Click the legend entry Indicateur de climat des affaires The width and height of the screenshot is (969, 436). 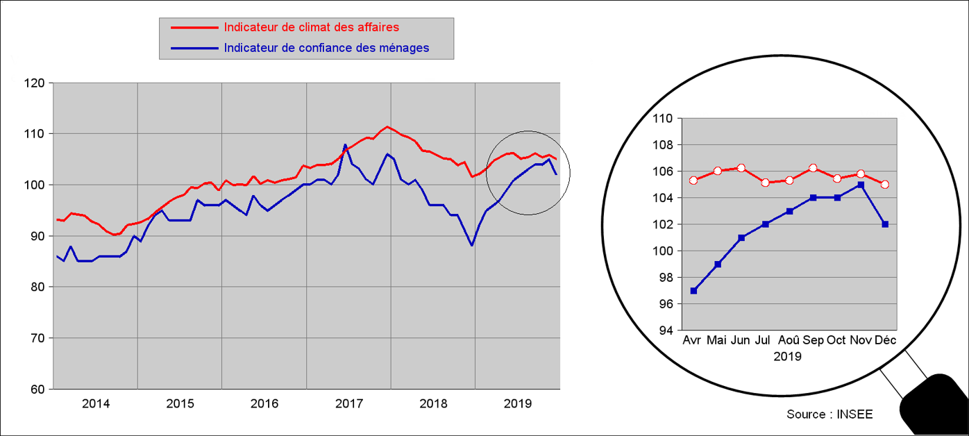click(311, 28)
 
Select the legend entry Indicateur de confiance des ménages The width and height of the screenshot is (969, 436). click(326, 48)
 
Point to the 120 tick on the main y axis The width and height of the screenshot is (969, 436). click(33, 83)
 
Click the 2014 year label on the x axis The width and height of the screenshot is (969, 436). click(96, 403)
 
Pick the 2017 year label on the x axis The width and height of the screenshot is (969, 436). click(348, 403)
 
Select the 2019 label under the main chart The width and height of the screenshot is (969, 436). click(517, 403)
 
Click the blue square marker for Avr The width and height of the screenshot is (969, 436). click(693, 291)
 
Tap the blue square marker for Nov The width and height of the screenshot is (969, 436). click(861, 185)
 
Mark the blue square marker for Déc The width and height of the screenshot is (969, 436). click(885, 224)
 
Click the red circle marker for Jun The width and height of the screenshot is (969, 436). click(741, 168)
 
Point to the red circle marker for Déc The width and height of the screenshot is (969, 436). click(885, 185)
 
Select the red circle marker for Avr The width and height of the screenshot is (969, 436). click(693, 181)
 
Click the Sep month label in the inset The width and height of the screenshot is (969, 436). click(813, 340)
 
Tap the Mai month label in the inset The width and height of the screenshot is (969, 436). click(716, 340)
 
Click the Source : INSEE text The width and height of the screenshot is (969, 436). click(829, 414)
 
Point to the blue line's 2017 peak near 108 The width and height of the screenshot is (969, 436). click(345, 145)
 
